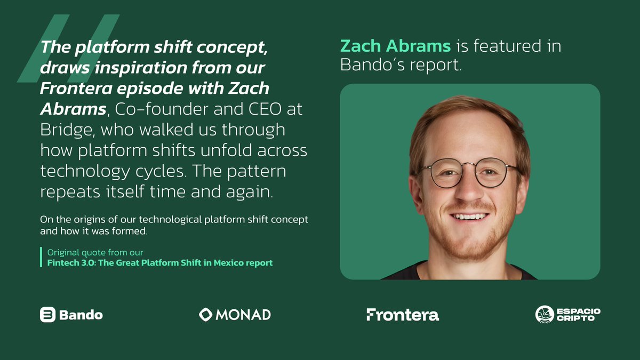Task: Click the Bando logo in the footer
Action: click(71, 315)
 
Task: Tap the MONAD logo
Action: click(235, 315)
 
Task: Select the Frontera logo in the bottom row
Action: click(403, 315)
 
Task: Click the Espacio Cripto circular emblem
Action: click(544, 315)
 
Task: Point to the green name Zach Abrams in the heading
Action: click(395, 46)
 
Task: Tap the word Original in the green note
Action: click(63, 252)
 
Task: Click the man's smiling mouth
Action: click(469, 217)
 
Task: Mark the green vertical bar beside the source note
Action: click(41, 258)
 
